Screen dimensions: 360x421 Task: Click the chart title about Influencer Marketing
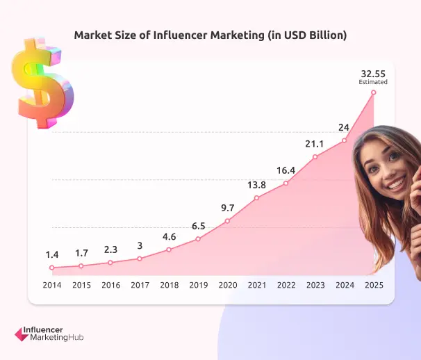click(x=210, y=35)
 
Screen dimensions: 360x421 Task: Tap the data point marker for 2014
click(x=51, y=268)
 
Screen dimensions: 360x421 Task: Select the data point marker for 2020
click(x=227, y=222)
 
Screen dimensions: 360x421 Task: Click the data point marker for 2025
click(x=374, y=92)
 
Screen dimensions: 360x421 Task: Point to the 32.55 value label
click(x=373, y=72)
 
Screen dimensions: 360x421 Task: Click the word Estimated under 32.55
click(x=373, y=82)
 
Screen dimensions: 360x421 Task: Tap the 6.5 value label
click(x=198, y=226)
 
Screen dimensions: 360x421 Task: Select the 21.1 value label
click(x=315, y=143)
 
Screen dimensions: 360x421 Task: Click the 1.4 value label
click(x=51, y=254)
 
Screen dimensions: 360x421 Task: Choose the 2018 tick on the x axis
click(x=169, y=285)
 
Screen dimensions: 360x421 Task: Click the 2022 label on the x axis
click(x=286, y=285)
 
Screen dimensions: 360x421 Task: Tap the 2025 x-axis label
click(x=373, y=285)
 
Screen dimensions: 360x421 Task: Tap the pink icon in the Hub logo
click(x=21, y=334)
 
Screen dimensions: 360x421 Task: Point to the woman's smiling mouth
click(x=395, y=183)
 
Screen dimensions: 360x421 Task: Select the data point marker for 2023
click(x=315, y=156)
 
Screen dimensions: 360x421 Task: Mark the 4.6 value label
click(x=169, y=236)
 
